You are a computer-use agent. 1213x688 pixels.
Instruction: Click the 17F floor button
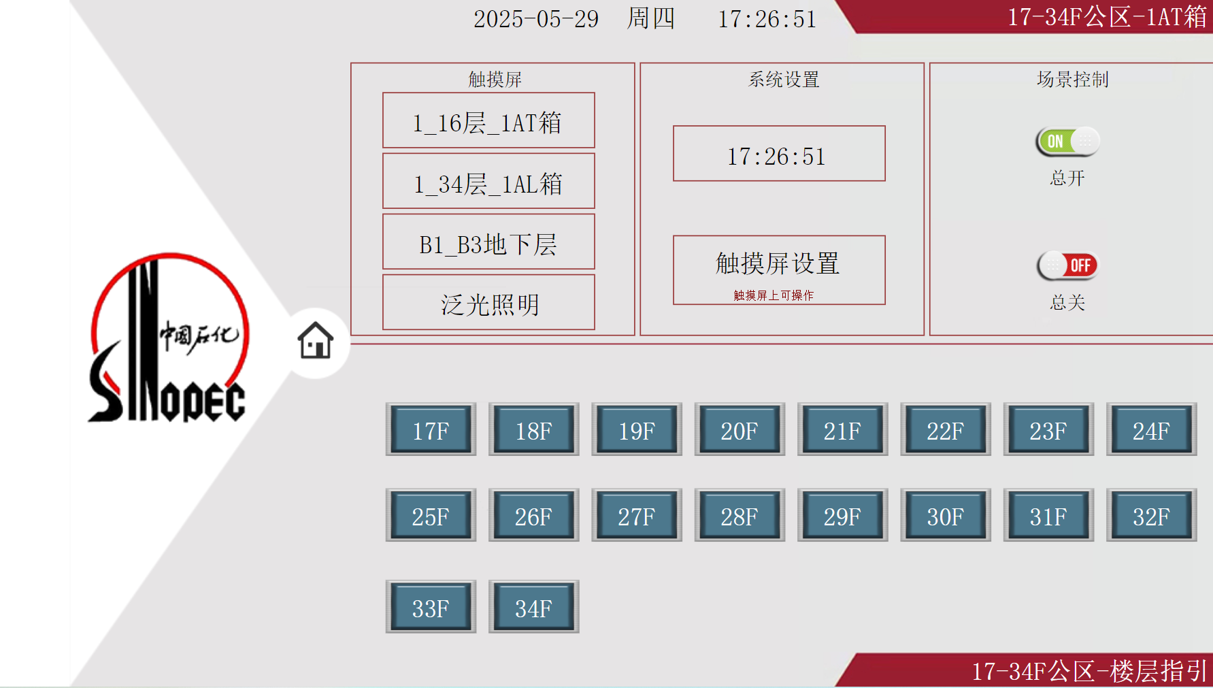[x=431, y=429]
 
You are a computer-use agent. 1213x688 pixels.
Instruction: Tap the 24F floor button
[x=1150, y=429]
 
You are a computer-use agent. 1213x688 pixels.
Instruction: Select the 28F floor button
[x=740, y=515]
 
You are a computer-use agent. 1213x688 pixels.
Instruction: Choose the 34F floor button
[x=533, y=606]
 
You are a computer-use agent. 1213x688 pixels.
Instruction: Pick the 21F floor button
[x=842, y=429]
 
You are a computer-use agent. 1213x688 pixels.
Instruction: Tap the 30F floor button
[x=945, y=515]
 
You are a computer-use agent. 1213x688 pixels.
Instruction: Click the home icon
[x=316, y=340]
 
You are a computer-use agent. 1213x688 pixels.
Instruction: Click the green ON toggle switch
[x=1067, y=142]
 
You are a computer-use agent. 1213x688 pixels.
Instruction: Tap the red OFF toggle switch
[x=1067, y=265]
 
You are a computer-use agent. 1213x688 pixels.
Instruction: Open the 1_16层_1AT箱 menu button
[x=488, y=120]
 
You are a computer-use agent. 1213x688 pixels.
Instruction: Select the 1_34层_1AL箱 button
[x=488, y=181]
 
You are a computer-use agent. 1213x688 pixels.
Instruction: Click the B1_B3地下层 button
[x=488, y=242]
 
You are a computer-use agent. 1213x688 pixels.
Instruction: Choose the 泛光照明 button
[x=488, y=302]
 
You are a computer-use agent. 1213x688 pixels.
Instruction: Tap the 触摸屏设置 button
[x=779, y=269]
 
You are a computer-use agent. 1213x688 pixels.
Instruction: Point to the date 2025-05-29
[x=536, y=19]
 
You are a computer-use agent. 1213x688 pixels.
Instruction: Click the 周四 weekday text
[x=650, y=18]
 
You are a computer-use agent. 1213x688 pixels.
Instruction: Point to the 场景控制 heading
[x=1072, y=80]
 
